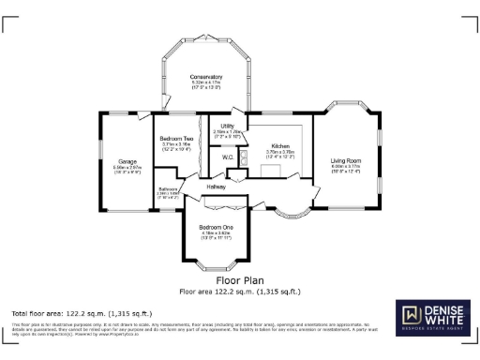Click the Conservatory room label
(x=206, y=76)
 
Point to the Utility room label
(x=228, y=126)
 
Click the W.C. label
(x=228, y=157)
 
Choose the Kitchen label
(x=279, y=146)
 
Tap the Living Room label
(x=346, y=160)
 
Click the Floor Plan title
(x=240, y=279)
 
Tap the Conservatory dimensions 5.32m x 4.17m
(x=206, y=84)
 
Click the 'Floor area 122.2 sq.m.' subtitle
(x=240, y=290)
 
